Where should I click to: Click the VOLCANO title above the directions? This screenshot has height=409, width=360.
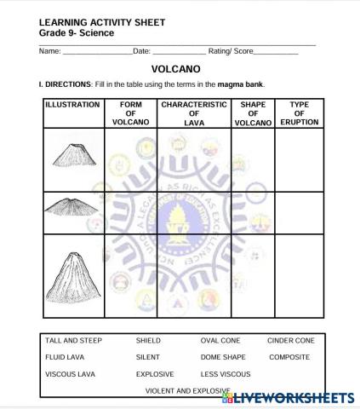pyautogui.click(x=175, y=68)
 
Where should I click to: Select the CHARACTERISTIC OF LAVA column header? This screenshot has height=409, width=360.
pyautogui.click(x=194, y=113)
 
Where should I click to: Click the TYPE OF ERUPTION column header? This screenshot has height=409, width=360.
pyautogui.click(x=299, y=113)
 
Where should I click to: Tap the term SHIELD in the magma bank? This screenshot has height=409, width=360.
pyautogui.click(x=148, y=341)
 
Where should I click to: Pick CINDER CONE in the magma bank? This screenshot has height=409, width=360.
pyautogui.click(x=290, y=341)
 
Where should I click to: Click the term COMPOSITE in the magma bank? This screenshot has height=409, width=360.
pyautogui.click(x=289, y=357)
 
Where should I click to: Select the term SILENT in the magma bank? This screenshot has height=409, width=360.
pyautogui.click(x=147, y=357)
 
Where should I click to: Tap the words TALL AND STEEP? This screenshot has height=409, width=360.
pyautogui.click(x=73, y=341)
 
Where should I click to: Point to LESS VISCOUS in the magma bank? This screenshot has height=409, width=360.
pyautogui.click(x=226, y=374)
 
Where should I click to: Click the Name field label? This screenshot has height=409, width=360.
pyautogui.click(x=49, y=52)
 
